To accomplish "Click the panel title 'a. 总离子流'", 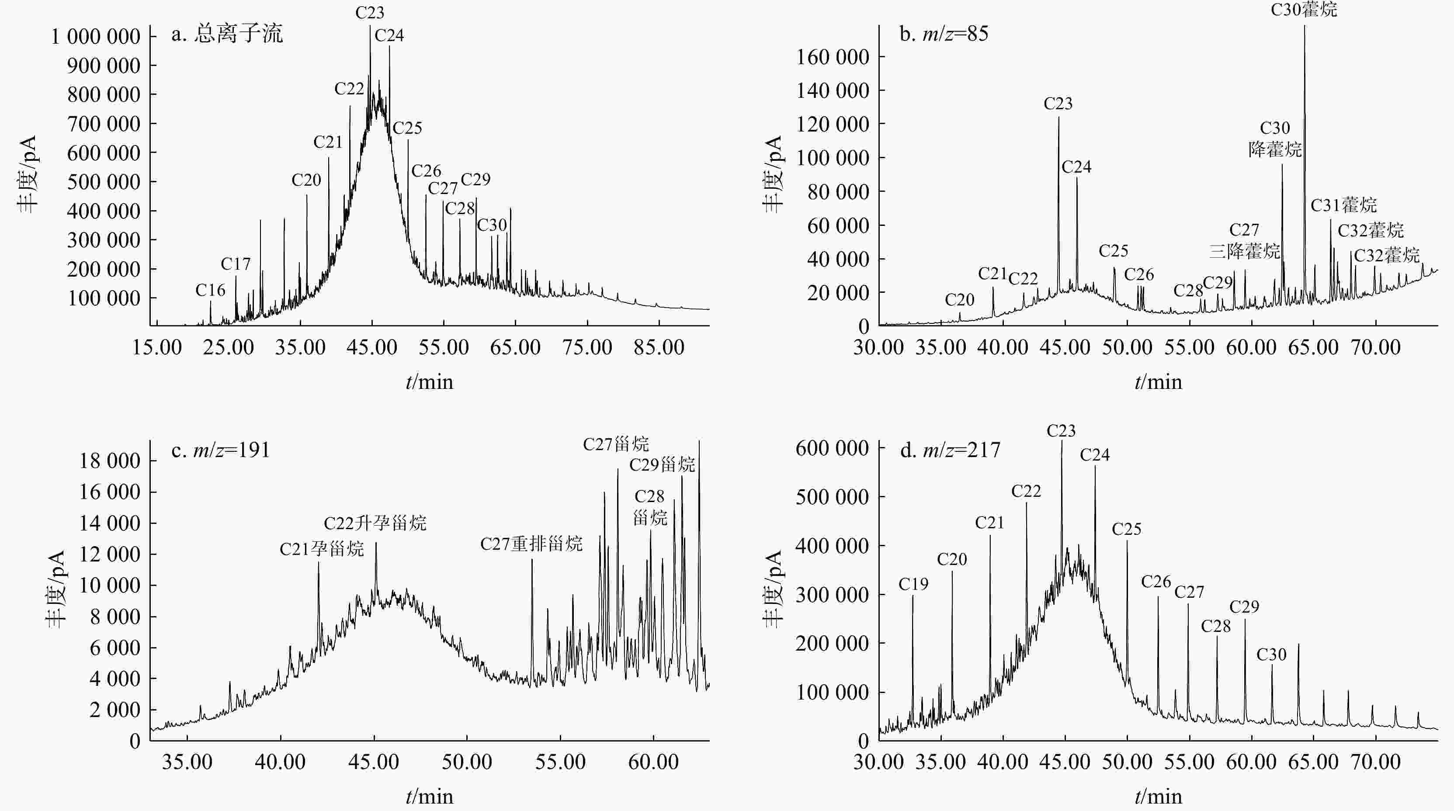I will click(226, 35).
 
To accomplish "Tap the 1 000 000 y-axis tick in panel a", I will click(96, 37).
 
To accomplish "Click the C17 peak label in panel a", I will click(236, 263).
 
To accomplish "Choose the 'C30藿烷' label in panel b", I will click(1304, 10).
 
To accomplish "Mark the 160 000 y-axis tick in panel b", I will click(833, 57).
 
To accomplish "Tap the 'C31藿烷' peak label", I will click(1343, 205).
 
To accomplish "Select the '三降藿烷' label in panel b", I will click(1244, 251).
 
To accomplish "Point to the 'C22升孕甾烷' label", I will click(375, 523).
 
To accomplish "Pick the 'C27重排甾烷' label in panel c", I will click(531, 544).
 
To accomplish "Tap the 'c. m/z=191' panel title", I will click(221, 450).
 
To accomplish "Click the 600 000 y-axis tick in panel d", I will click(833, 449).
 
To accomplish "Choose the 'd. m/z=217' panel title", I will click(950, 450).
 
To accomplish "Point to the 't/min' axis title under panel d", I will click(1158, 796).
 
